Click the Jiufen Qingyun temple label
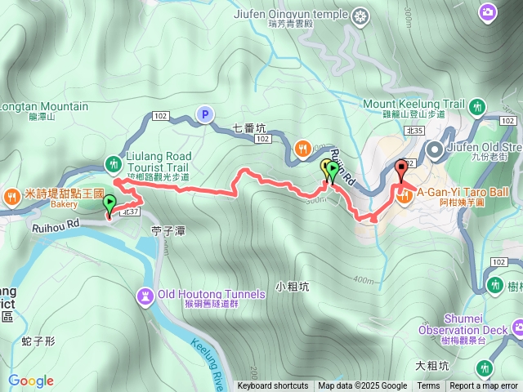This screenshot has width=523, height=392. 304,14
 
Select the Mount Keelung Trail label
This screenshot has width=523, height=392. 413,105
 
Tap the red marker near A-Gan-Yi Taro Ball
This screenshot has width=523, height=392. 400,171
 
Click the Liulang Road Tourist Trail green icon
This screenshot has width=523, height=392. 113,162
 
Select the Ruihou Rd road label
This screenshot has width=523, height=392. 56,221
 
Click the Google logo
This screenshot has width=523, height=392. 31,381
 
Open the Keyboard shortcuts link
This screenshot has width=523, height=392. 273,386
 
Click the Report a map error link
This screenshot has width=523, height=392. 484,386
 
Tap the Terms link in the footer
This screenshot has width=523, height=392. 428,386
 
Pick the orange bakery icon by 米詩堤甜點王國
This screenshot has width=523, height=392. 11,195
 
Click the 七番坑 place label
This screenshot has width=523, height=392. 249,127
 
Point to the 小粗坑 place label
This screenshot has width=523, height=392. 292,287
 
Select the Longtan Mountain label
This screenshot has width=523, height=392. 42,107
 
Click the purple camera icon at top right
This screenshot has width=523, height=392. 488,11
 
